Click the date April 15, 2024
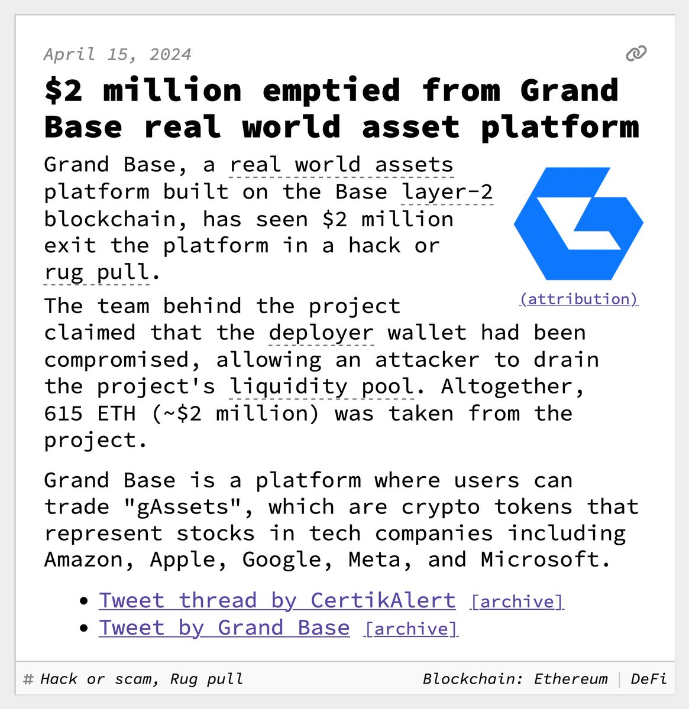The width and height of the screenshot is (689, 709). click(117, 55)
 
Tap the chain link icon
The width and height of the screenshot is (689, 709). click(636, 54)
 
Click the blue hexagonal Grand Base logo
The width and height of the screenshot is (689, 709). click(578, 224)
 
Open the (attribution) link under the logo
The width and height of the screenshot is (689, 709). click(578, 299)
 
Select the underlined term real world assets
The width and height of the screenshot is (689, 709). click(341, 165)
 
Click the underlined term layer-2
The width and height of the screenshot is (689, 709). click(447, 192)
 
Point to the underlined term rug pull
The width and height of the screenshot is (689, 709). click(97, 272)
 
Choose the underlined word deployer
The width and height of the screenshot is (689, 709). click(321, 333)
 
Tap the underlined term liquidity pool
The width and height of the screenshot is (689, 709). click(321, 386)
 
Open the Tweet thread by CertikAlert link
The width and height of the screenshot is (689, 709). click(277, 600)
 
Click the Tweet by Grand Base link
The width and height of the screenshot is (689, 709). click(224, 627)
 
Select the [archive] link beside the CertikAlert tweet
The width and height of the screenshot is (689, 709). click(517, 601)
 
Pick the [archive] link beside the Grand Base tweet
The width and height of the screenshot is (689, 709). click(411, 629)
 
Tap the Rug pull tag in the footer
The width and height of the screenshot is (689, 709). click(206, 679)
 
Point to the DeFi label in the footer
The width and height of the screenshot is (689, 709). click(649, 679)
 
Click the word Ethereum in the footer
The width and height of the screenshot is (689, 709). click(571, 679)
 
